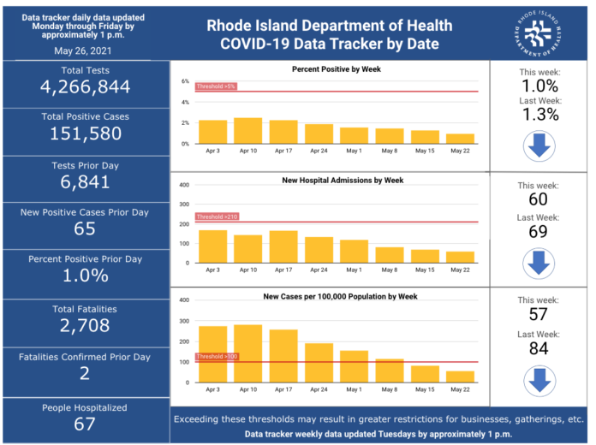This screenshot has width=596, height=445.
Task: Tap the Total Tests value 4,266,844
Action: (x=85, y=87)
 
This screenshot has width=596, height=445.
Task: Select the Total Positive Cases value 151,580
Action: (x=85, y=133)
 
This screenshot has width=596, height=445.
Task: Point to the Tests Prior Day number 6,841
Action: (x=85, y=182)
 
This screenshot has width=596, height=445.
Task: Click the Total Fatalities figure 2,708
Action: (x=85, y=325)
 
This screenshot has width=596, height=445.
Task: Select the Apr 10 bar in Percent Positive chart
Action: (x=247, y=131)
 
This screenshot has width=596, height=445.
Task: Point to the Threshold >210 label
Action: (x=217, y=217)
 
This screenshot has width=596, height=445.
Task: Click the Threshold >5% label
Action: (x=215, y=86)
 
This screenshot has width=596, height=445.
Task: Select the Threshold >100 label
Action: (x=217, y=357)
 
